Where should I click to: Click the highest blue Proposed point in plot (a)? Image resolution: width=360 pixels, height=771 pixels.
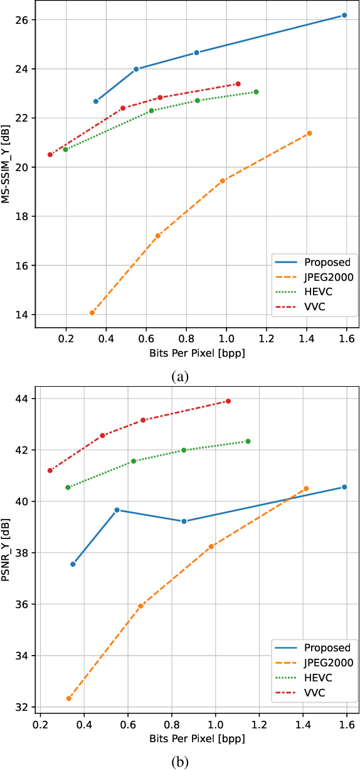point(344,15)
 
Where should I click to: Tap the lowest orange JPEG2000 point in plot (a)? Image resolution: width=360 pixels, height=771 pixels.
point(92,313)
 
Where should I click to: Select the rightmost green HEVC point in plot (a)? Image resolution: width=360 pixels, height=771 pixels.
point(256,92)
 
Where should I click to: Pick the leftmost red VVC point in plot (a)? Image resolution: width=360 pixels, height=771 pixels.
point(50,155)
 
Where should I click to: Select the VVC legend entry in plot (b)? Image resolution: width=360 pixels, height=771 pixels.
point(317,692)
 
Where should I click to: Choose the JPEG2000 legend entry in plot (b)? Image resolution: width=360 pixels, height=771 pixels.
point(326,662)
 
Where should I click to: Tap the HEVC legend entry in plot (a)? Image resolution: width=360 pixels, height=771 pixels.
point(319,291)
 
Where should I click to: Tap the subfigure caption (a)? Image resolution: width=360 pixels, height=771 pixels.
point(179,376)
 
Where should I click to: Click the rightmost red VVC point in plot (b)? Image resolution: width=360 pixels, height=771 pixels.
point(228,401)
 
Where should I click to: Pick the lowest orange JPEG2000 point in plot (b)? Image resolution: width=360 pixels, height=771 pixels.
point(69,698)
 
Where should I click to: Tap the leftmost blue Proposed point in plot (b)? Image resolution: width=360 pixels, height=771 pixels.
point(73,564)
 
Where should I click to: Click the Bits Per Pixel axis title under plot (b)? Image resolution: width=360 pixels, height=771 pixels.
point(197,738)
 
